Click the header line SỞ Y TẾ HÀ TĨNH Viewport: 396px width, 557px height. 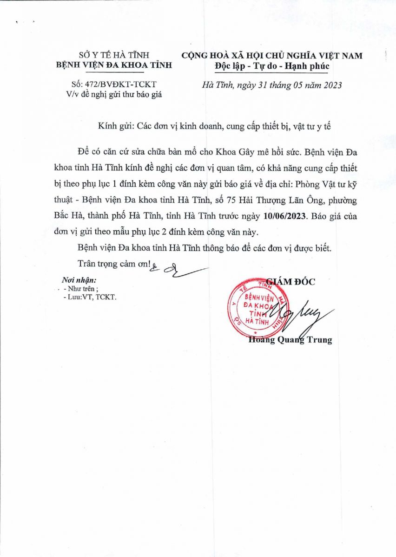tap(113, 55)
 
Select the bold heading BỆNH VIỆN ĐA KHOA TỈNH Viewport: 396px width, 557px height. tap(114, 65)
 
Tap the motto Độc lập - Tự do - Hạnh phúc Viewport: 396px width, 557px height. tap(272, 66)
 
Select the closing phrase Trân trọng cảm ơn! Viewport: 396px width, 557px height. tap(114, 264)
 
